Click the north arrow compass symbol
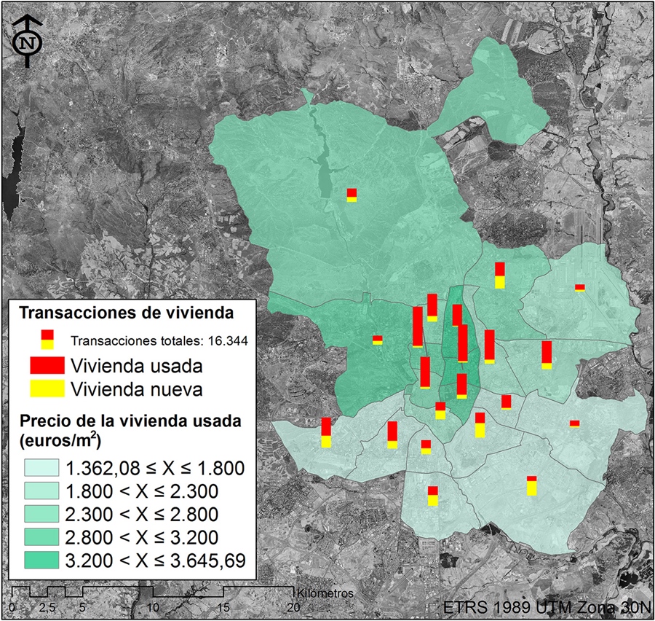pyautogui.click(x=28, y=42)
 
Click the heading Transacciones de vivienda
pyautogui.click(x=126, y=313)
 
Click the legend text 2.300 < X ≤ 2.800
pyautogui.click(x=142, y=514)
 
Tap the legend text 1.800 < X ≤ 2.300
pyautogui.click(x=142, y=491)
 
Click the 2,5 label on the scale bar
pyautogui.click(x=48, y=606)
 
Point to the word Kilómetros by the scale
pyautogui.click(x=325, y=593)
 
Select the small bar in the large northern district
pyautogui.click(x=352, y=195)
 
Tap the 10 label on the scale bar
pyautogui.click(x=154, y=606)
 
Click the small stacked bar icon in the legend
pyautogui.click(x=47, y=339)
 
